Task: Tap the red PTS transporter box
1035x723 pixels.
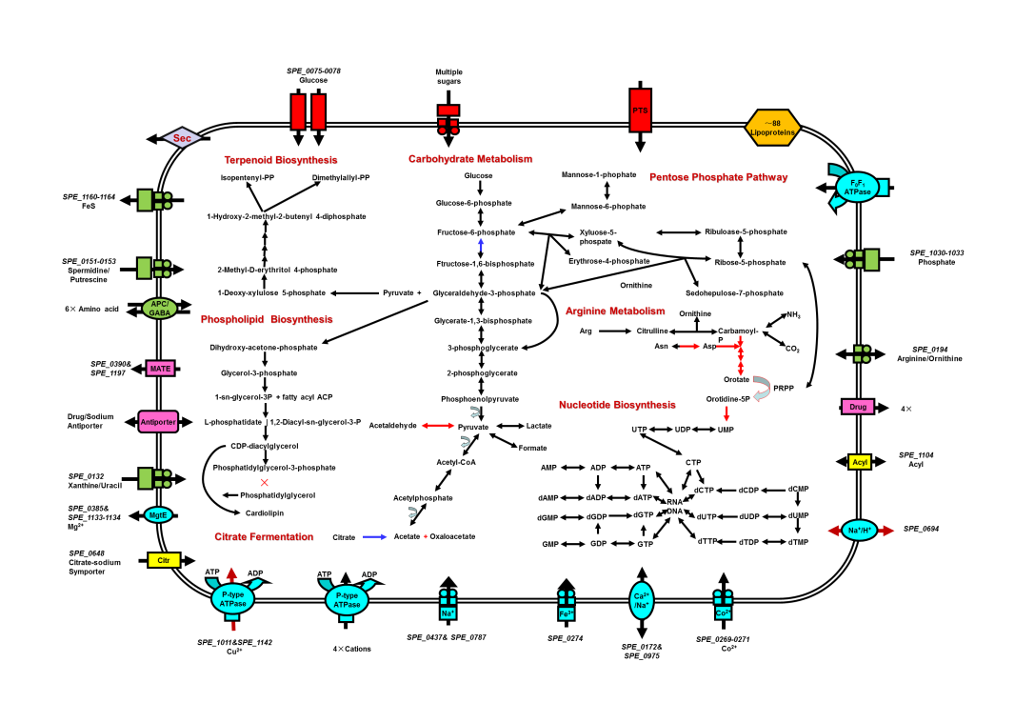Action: point(640,110)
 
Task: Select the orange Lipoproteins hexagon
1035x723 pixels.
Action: point(772,128)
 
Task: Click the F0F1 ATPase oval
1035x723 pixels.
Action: point(858,188)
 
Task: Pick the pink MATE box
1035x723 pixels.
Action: point(160,369)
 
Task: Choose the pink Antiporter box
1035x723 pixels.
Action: point(158,422)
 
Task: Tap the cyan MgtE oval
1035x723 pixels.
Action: point(158,515)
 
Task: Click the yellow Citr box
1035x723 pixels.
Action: point(164,560)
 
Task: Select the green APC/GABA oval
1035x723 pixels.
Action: point(160,309)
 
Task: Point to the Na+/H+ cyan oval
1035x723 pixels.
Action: point(860,531)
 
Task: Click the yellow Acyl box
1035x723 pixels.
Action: point(860,462)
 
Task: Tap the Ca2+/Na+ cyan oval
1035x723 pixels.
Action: point(642,601)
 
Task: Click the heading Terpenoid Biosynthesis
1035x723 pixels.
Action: point(281,160)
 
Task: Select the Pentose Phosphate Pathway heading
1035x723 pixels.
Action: point(718,177)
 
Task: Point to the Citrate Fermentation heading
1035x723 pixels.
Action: point(264,537)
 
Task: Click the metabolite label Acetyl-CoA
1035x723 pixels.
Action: point(456,462)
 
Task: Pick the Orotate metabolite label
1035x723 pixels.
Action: point(737,380)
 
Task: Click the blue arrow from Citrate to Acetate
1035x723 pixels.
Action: point(374,537)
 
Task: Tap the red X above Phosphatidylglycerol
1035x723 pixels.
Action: point(265,482)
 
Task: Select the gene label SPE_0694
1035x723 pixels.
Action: point(921,529)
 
